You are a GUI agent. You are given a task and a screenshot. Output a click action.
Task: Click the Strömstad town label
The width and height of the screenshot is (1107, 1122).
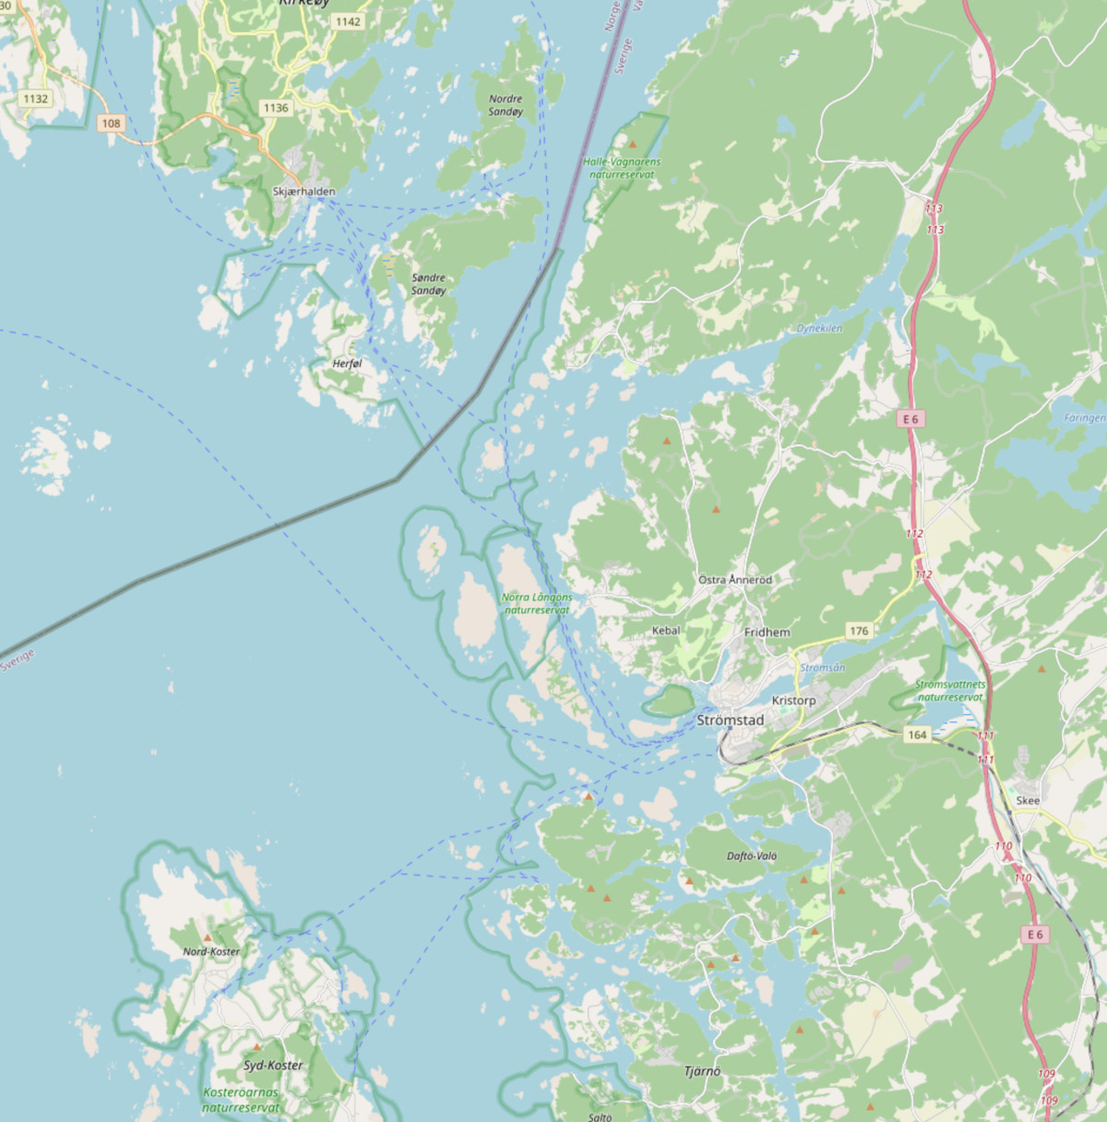(730, 720)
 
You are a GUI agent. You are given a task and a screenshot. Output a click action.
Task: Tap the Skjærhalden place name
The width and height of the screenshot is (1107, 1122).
(304, 191)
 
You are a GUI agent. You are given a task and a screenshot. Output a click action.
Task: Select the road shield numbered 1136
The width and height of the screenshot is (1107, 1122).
(276, 108)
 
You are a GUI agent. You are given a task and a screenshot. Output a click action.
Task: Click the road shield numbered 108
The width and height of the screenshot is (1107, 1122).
(111, 123)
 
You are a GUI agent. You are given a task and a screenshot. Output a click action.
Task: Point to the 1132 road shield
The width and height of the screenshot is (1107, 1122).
(36, 99)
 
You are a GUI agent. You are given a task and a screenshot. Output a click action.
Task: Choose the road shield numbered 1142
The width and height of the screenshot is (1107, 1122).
(348, 21)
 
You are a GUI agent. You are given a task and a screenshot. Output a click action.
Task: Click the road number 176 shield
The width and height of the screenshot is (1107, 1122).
(859, 631)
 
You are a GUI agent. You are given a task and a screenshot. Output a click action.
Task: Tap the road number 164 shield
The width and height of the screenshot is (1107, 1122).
(916, 734)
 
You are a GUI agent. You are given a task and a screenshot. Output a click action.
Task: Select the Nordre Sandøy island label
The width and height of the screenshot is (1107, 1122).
(506, 105)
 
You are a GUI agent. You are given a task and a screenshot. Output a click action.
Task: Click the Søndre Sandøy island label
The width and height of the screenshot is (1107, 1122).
(428, 284)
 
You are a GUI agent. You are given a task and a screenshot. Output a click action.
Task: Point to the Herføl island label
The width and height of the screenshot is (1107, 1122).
(347, 364)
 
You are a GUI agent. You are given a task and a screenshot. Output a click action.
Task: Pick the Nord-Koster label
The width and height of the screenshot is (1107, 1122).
(211, 951)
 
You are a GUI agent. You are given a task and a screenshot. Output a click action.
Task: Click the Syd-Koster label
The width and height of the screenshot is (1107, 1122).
(273, 1065)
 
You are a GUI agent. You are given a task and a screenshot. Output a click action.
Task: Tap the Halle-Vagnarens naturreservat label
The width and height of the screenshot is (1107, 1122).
(622, 167)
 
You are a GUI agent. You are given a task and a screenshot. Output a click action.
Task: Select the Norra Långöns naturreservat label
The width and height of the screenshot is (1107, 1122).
(537, 603)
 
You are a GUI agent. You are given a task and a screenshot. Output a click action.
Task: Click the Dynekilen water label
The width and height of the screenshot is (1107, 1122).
(819, 328)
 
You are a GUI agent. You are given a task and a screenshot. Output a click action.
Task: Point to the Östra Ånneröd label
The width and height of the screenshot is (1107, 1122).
(734, 579)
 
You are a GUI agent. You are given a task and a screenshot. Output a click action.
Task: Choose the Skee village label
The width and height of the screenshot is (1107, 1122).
(1027, 800)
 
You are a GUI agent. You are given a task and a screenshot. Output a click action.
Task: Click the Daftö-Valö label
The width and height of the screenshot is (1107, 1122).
(752, 855)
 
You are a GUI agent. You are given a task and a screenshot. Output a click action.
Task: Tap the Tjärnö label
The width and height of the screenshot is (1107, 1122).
(702, 1071)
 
